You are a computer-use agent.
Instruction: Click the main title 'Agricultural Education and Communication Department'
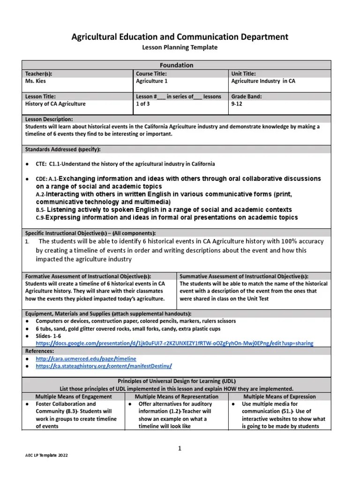[180, 37]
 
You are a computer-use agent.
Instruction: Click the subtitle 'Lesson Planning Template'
[180, 47]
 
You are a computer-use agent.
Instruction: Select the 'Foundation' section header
[176, 65]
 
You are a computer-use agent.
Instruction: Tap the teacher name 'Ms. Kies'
[35, 81]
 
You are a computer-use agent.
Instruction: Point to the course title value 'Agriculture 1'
[152, 81]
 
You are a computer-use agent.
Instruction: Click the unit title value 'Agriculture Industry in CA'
[263, 81]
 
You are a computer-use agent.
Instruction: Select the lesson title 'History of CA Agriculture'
[55, 104]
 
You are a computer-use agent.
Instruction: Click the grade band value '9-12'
[237, 104]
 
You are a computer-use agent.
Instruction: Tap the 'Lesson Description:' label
[49, 120]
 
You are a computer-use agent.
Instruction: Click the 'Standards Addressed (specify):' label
[62, 149]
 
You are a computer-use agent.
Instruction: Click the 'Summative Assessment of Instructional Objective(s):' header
[244, 277]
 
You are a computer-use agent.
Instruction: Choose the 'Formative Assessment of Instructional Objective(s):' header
[88, 277]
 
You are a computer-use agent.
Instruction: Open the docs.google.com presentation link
[174, 343]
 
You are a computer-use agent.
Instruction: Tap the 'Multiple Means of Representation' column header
[176, 396]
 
